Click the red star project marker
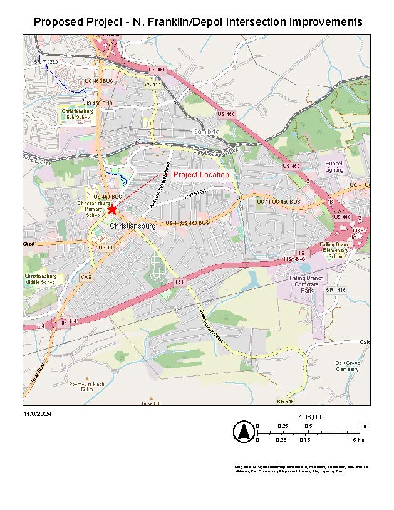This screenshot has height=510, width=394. (x=112, y=209)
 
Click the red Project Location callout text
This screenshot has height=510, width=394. (x=201, y=175)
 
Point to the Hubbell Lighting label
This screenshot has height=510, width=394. (x=334, y=166)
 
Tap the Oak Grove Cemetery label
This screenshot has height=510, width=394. (x=347, y=366)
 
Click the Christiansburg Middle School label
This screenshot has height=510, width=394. (x=41, y=279)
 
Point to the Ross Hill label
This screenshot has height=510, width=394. (x=151, y=403)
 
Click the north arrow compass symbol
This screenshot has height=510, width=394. (x=242, y=432)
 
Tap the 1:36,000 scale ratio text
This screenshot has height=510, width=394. (x=311, y=417)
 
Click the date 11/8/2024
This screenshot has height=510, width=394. (x=36, y=414)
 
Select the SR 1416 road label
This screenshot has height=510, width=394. (x=336, y=291)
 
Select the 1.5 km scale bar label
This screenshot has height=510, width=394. (x=357, y=440)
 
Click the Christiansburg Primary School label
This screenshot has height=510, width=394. (x=93, y=209)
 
